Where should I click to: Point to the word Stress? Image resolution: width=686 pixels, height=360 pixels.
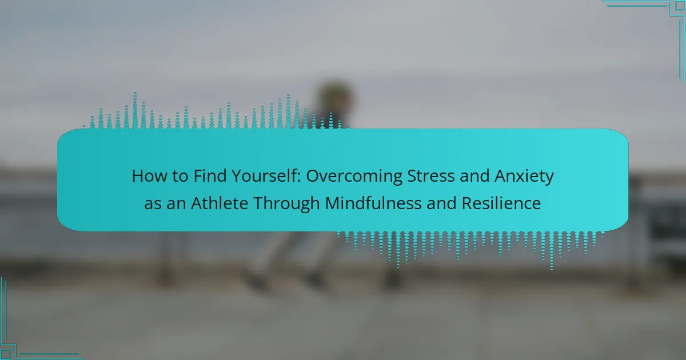(430, 176)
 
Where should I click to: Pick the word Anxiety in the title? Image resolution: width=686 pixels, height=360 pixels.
(524, 177)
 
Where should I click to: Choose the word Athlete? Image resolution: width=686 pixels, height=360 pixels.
(220, 203)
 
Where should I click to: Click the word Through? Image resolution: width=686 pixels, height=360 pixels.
(286, 204)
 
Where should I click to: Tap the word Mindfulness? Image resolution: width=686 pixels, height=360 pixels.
(373, 203)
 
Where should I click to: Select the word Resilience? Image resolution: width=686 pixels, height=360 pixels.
(501, 203)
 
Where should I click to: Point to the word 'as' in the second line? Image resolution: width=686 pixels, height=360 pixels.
(153, 205)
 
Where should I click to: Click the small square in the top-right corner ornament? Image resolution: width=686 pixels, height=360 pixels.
(680, 6)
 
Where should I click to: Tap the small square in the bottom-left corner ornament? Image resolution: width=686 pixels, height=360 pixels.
(6, 354)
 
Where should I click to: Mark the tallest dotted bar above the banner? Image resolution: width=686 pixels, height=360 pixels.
(135, 110)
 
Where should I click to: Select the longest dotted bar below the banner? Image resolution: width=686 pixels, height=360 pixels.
(552, 251)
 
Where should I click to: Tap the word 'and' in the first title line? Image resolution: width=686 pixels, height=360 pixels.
(474, 176)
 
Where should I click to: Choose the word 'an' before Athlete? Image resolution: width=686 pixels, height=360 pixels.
(176, 205)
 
